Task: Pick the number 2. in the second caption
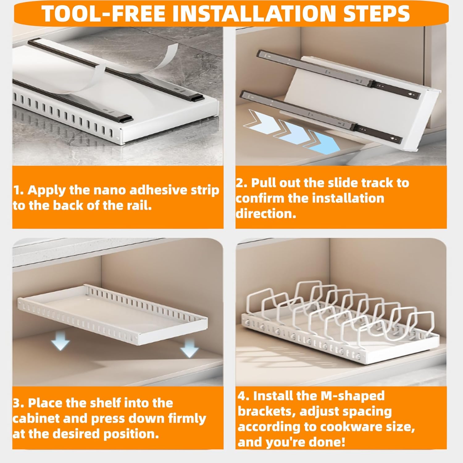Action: tap(242, 183)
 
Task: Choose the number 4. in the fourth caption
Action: tap(244, 396)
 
